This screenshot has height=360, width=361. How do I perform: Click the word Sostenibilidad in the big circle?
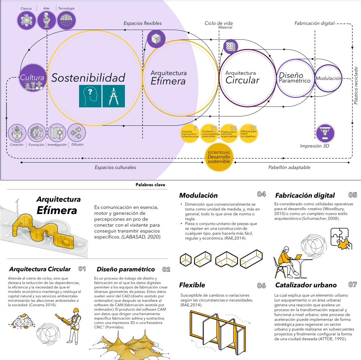pos(88,77)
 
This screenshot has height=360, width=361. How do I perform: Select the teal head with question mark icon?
pos(90,96)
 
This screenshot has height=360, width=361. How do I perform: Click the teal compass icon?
pos(113,96)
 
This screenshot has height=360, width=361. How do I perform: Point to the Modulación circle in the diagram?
pos(328,78)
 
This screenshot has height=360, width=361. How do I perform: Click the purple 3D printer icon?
pos(325,133)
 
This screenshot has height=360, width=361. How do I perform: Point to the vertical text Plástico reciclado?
pos(356,85)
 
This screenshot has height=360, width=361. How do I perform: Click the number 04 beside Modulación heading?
pos(261,194)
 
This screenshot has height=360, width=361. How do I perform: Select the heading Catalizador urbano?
pos(306,285)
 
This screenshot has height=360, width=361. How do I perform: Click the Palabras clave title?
pos(150,184)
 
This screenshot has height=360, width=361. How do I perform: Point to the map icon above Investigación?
pos(56,133)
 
